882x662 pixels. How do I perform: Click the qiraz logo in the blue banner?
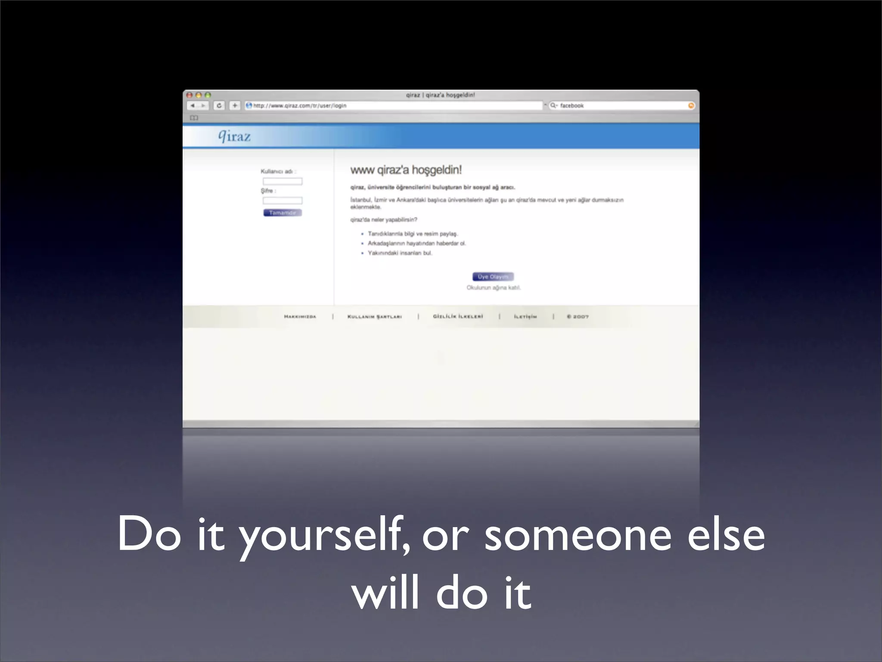coord(234,136)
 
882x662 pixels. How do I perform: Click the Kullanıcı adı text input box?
coord(283,181)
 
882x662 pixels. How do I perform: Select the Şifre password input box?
coord(283,200)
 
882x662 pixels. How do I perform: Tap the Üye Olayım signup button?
coord(493,277)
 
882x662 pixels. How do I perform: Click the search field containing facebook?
coord(620,106)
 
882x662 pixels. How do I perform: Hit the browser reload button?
coord(219,106)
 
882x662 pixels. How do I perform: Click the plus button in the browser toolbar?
coord(235,106)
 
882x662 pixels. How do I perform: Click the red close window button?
coord(189,95)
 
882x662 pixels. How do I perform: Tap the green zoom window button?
coord(208,95)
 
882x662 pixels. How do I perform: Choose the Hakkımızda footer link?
coord(300,317)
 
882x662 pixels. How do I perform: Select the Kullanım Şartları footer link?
coord(375,317)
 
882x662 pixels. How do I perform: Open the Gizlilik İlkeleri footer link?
coord(458,316)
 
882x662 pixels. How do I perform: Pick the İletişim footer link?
coord(525,317)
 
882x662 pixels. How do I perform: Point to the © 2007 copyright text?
coord(578,317)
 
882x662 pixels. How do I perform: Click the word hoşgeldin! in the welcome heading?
coord(437,170)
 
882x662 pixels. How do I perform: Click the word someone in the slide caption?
coord(578,535)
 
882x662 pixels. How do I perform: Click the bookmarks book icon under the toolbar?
coord(194,118)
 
